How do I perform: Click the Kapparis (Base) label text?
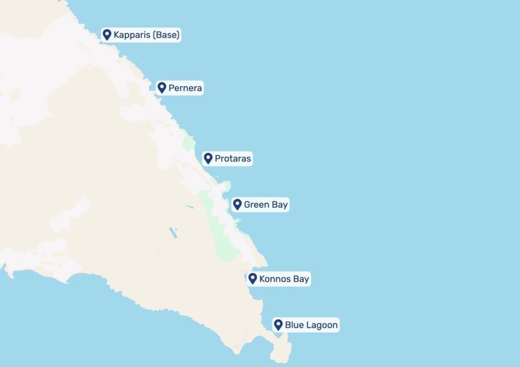pos(146,35)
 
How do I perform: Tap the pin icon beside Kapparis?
pos(107,35)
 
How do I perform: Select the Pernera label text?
pos(185,88)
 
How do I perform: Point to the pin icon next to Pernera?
pos(161,88)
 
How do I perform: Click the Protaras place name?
pos(233,159)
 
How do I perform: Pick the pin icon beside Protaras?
pos(208,158)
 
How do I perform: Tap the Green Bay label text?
pos(266,205)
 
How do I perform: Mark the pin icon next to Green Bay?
pos(237,205)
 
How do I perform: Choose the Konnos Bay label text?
pos(284,279)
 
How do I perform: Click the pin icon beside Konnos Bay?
pos(252,279)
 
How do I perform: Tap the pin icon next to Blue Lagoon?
pos(278,324)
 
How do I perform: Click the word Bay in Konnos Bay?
pos(301,279)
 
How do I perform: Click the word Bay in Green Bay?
pos(280,205)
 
